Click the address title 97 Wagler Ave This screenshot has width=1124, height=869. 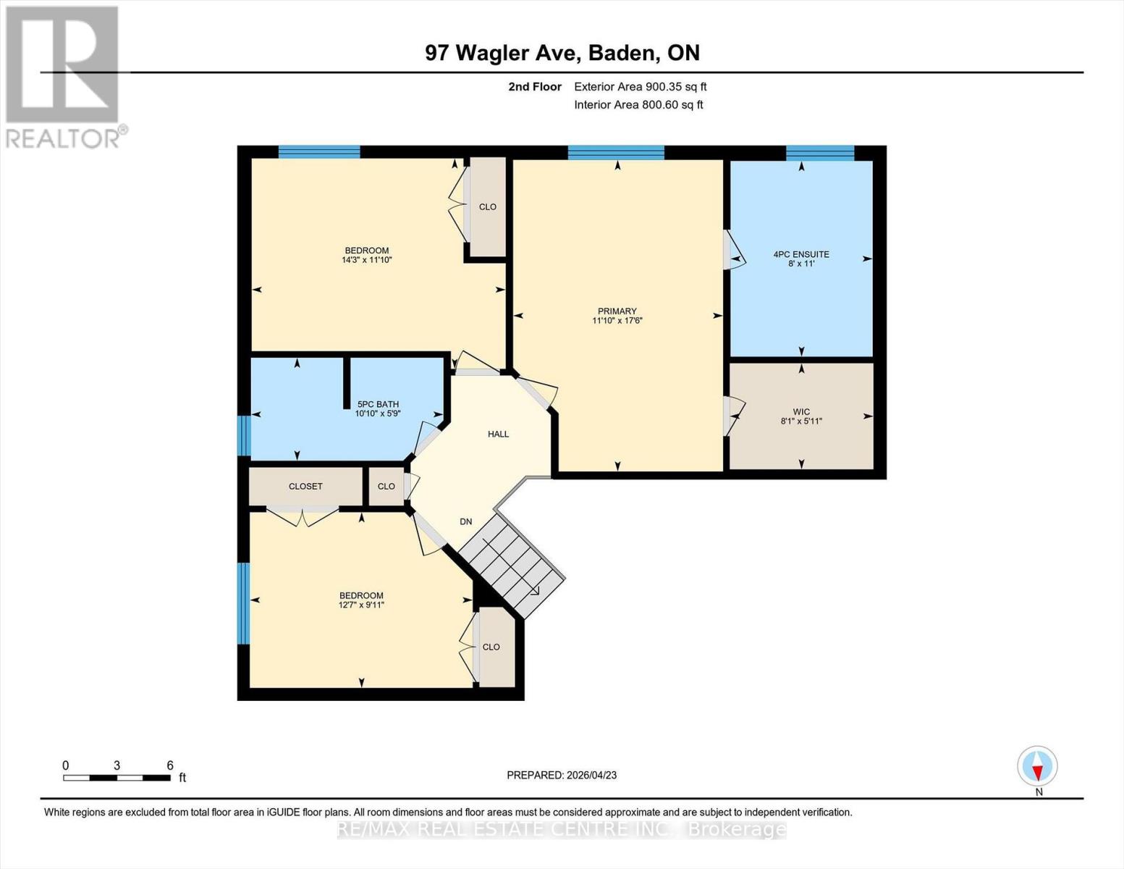(x=562, y=53)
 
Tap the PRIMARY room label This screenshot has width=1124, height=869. (x=617, y=311)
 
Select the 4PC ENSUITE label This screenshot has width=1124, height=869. (x=801, y=254)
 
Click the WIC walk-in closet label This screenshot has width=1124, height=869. (x=801, y=411)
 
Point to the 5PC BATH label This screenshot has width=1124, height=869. (x=378, y=404)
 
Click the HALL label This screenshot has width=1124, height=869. (x=498, y=434)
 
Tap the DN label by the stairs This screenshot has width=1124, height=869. (x=466, y=521)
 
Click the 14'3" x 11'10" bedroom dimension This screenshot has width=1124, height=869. (x=367, y=260)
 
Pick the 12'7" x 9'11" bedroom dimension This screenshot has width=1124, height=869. (x=361, y=605)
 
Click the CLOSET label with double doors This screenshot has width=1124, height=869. (x=305, y=486)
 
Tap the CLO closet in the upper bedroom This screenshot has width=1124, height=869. (x=488, y=206)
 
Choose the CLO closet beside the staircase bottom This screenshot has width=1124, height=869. (x=491, y=647)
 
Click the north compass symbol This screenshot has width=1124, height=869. (x=1038, y=766)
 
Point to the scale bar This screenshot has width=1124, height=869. (x=117, y=778)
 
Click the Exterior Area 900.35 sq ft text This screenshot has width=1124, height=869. (x=640, y=87)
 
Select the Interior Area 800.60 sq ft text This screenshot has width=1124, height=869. (x=638, y=105)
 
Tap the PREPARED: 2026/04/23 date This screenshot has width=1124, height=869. (x=562, y=775)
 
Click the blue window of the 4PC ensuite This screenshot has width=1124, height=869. (x=820, y=152)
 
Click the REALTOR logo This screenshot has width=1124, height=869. (x=64, y=76)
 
